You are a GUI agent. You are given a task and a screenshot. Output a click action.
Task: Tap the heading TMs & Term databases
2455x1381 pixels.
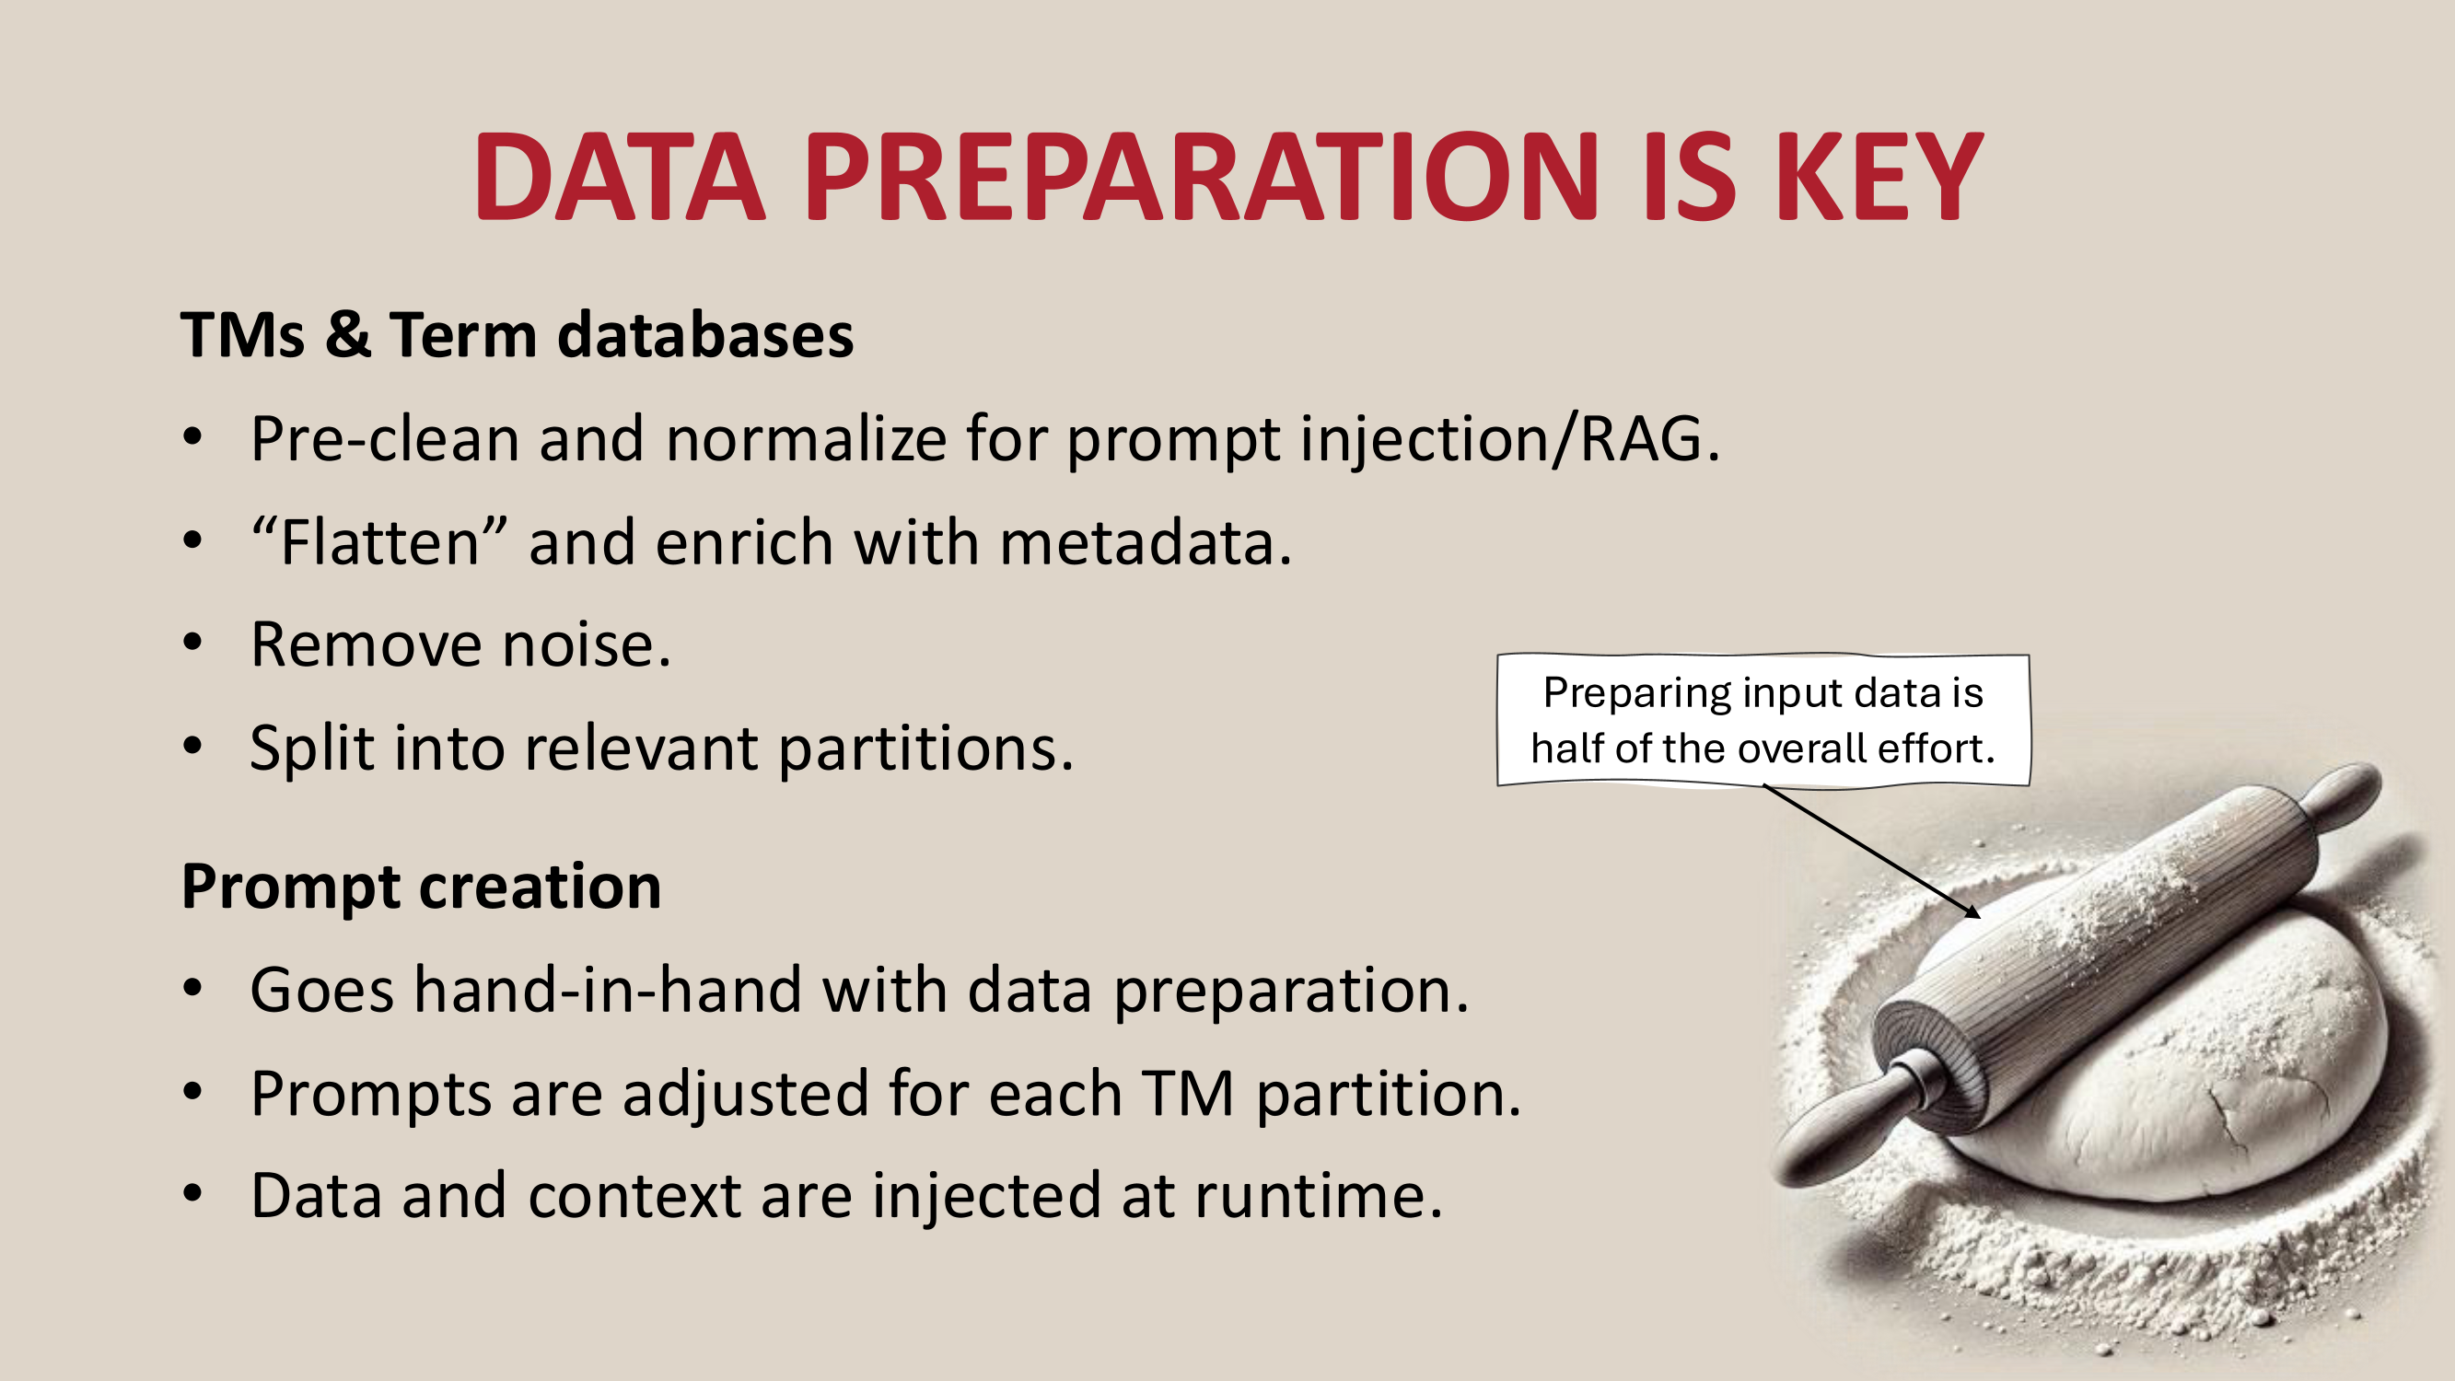pyautogui.click(x=518, y=335)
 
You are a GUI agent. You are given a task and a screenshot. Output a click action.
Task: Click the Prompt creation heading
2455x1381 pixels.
pyautogui.click(x=421, y=888)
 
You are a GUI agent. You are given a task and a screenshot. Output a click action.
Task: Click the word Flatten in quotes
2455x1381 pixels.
pyautogui.click(x=380, y=542)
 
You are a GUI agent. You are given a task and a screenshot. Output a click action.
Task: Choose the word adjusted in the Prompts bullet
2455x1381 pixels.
pyautogui.click(x=745, y=1094)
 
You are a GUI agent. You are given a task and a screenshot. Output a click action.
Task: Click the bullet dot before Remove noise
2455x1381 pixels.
pyautogui.click(x=193, y=645)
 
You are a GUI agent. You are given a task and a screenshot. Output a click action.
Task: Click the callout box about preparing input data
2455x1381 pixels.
pyautogui.click(x=1763, y=721)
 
